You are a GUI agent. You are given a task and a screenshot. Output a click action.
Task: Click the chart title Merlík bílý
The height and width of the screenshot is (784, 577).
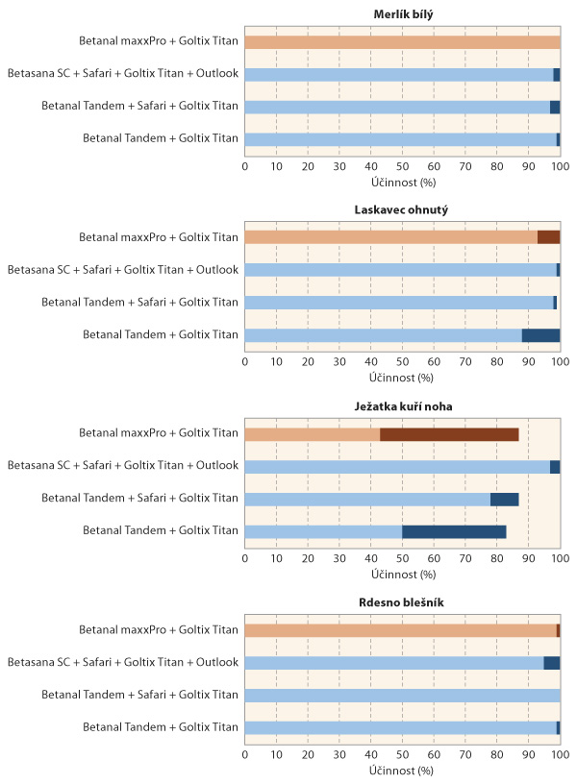pos(402,13)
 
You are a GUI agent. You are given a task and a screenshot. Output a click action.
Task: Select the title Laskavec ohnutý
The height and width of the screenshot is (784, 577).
pos(402,209)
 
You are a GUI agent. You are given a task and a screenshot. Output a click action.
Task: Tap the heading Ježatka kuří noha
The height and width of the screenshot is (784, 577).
pos(402,406)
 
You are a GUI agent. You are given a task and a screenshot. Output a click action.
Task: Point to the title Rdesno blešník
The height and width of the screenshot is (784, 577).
pos(402,602)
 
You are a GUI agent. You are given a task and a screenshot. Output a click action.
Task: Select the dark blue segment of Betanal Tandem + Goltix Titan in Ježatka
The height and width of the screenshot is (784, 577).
pos(454,531)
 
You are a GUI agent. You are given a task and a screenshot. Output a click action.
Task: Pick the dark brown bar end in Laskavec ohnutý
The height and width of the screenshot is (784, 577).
pos(548,237)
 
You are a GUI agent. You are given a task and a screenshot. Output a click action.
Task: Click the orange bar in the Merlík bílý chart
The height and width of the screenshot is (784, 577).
pos(402,42)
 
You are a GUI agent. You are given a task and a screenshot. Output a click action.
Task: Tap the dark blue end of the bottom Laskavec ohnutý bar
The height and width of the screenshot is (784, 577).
pos(540,335)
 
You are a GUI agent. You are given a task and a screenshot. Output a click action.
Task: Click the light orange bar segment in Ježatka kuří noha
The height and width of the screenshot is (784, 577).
pos(313,434)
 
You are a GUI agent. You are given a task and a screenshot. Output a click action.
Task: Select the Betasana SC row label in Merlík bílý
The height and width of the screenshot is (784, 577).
pos(122,74)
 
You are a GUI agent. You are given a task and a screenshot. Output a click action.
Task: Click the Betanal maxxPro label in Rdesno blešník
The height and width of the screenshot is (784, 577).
pos(159,630)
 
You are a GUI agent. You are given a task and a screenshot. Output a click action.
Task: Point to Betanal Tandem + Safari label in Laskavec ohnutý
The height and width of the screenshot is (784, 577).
pos(139,303)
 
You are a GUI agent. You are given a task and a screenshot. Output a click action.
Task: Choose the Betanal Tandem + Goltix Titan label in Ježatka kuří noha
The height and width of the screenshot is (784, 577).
pos(161,530)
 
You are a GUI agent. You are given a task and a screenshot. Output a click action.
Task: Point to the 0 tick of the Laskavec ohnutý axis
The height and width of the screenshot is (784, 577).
pos(245,362)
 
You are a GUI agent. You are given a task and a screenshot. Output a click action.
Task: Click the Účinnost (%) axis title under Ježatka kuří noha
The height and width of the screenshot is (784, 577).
pos(402,575)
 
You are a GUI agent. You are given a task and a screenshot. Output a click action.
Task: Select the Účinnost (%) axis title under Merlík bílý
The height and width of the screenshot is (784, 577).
pos(402,182)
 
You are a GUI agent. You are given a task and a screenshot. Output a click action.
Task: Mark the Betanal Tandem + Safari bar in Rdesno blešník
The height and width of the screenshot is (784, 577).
pos(402,696)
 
